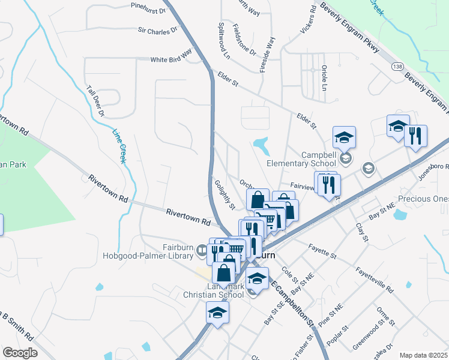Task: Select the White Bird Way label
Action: tap(170, 59)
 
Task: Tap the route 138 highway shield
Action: tap(397, 65)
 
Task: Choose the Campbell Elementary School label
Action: tap(302, 158)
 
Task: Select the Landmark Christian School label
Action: tap(214, 290)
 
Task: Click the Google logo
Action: tap(19, 353)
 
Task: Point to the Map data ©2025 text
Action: tap(423, 355)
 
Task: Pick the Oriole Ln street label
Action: tap(324, 78)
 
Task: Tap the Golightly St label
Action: tap(224, 195)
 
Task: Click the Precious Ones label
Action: tap(423, 199)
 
